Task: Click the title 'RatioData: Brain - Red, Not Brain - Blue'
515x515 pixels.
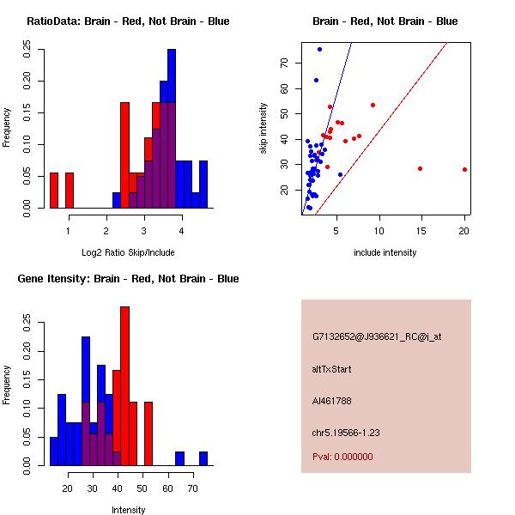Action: [x=128, y=21]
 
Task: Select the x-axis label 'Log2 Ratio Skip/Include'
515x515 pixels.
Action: [x=128, y=252]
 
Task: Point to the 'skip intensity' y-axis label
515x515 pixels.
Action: [x=264, y=129]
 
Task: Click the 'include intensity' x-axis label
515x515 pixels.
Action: [x=385, y=252]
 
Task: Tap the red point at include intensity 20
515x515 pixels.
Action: [x=464, y=170]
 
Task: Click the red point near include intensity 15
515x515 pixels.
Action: [x=420, y=168]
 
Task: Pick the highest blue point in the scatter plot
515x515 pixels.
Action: [x=319, y=49]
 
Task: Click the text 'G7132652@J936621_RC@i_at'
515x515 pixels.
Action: [x=377, y=337]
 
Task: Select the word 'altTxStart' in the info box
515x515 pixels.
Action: [x=331, y=369]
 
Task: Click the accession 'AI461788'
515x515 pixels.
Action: [x=332, y=401]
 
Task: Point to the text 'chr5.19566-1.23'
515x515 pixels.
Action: [x=346, y=433]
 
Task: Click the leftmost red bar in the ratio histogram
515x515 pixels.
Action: [x=54, y=190]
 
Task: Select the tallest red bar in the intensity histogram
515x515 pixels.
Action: [x=124, y=386]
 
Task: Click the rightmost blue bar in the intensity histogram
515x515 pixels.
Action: [x=203, y=458]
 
